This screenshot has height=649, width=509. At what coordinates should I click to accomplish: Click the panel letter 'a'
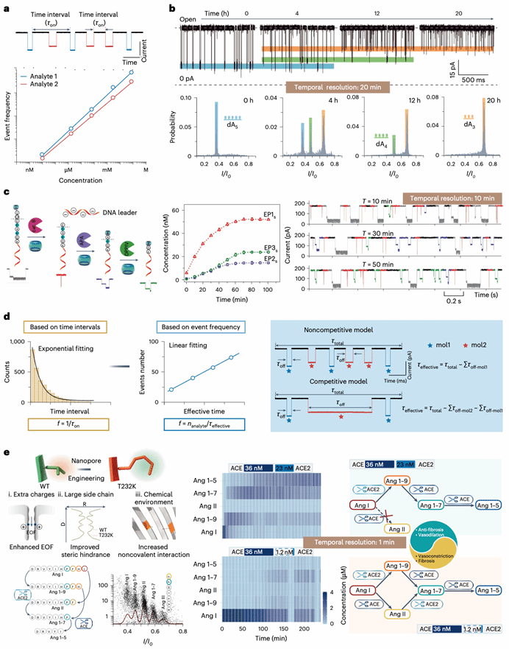pos(6,7)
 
